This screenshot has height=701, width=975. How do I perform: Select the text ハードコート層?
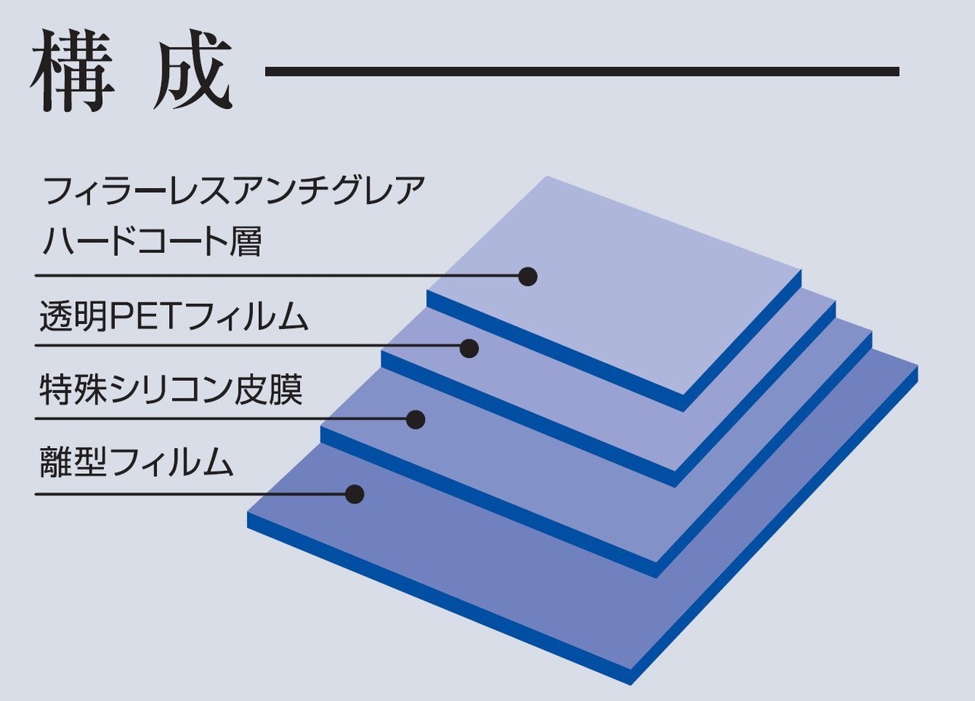point(151,241)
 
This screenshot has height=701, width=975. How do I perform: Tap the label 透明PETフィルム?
point(174,317)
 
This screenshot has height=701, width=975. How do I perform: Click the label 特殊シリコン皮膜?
point(171,389)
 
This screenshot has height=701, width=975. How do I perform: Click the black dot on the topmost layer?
point(528,276)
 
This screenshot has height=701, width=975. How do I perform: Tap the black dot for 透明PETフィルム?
point(469,348)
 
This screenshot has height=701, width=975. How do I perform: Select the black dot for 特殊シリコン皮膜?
point(415,419)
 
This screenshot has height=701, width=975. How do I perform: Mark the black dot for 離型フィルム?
point(354,494)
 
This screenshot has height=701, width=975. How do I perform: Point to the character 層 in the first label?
point(245,241)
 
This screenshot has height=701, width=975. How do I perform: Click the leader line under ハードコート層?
point(274,275)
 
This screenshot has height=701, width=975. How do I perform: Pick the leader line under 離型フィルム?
point(190,494)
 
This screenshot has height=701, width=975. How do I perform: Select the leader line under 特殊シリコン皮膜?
point(221,418)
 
